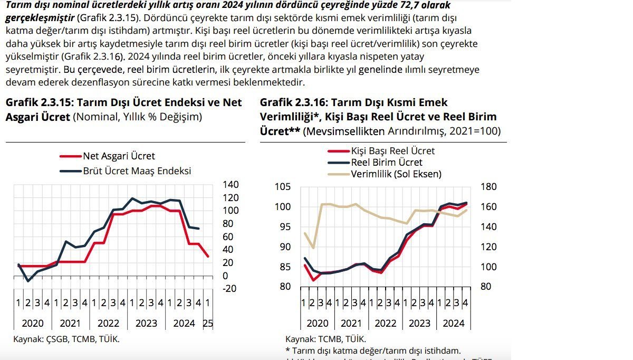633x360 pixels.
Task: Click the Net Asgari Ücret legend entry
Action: click(119, 156)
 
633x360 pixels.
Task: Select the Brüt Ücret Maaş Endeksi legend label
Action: click(137, 171)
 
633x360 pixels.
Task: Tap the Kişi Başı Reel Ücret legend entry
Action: click(392, 151)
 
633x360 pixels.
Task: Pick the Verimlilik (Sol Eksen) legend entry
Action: click(396, 174)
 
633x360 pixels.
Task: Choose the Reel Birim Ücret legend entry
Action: click(387, 163)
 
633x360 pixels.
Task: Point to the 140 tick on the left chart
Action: click(231, 184)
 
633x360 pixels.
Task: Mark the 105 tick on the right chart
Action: click(283, 186)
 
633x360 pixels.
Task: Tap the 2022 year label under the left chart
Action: click(109, 324)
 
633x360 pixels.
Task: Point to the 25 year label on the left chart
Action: click(208, 324)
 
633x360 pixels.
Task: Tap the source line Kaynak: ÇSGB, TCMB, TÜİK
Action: click(66, 338)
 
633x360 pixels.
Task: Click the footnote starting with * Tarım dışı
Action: click(373, 350)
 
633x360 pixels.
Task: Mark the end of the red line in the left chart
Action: click(208, 257)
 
